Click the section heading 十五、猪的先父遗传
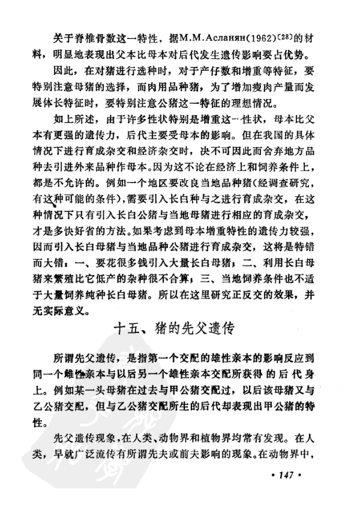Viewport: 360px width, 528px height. click(x=180, y=329)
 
